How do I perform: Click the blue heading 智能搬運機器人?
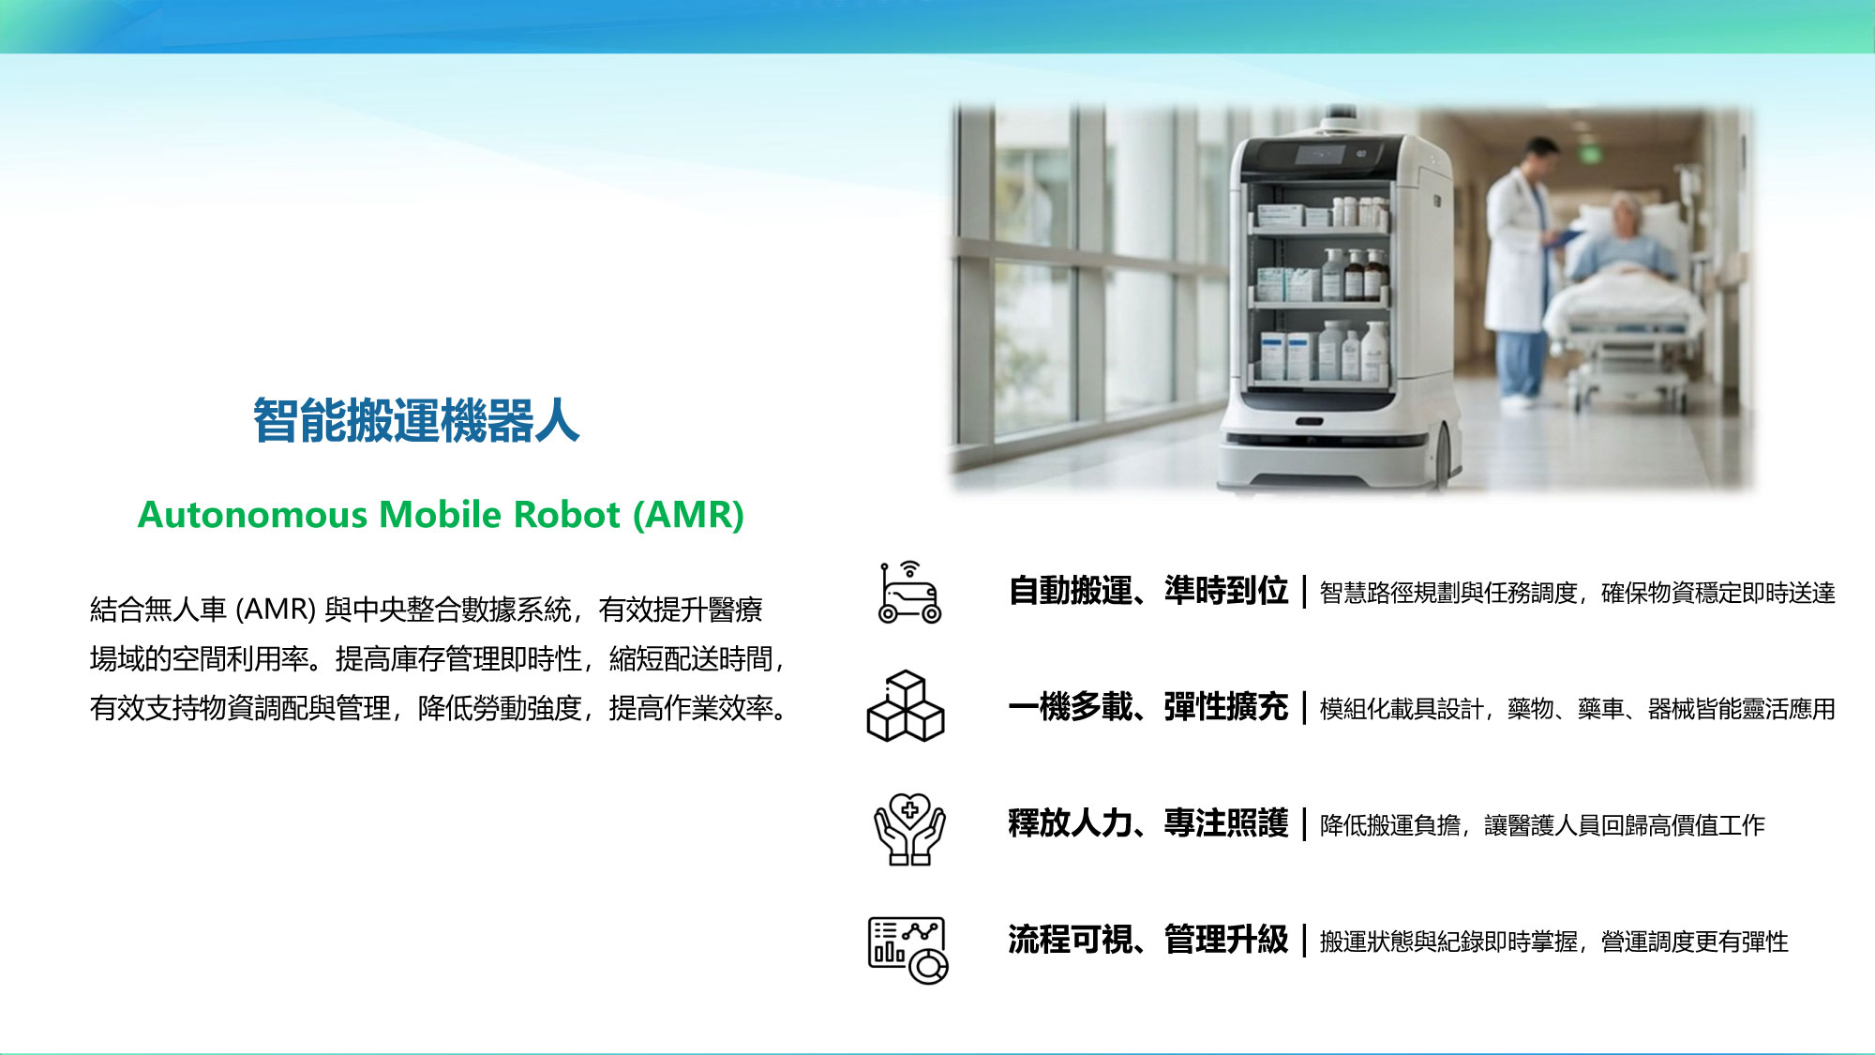tap(416, 419)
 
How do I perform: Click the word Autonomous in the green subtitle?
tap(252, 515)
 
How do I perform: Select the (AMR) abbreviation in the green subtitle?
tap(688, 515)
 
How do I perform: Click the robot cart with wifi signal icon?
tap(908, 593)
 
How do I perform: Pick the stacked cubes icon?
tap(906, 706)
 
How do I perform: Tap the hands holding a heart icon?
tap(909, 829)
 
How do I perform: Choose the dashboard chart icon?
tap(907, 950)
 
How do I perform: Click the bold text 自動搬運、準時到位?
tap(1148, 591)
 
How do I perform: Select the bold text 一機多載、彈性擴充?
tap(1148, 707)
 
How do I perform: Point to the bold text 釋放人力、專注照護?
tap(1148, 823)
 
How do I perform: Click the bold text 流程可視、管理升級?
tap(1148, 940)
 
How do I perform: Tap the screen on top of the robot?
tap(1321, 155)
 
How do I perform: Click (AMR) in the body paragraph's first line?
tap(275, 610)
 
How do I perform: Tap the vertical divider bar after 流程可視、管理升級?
tap(1304, 940)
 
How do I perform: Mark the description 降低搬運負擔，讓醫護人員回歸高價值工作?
tap(1542, 825)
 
